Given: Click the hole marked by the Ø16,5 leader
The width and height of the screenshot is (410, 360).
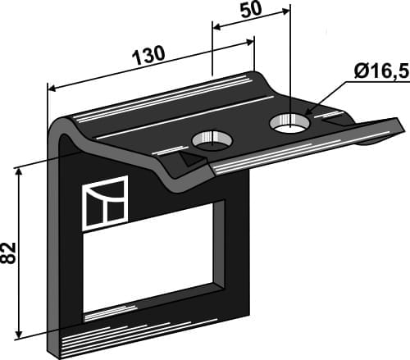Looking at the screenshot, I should coord(289,124).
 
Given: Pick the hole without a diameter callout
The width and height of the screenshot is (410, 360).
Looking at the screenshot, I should coord(212,139).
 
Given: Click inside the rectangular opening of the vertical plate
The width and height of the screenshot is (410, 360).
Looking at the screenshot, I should coord(153,253).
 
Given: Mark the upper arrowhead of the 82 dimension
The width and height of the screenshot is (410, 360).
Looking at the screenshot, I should coord(19,171).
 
